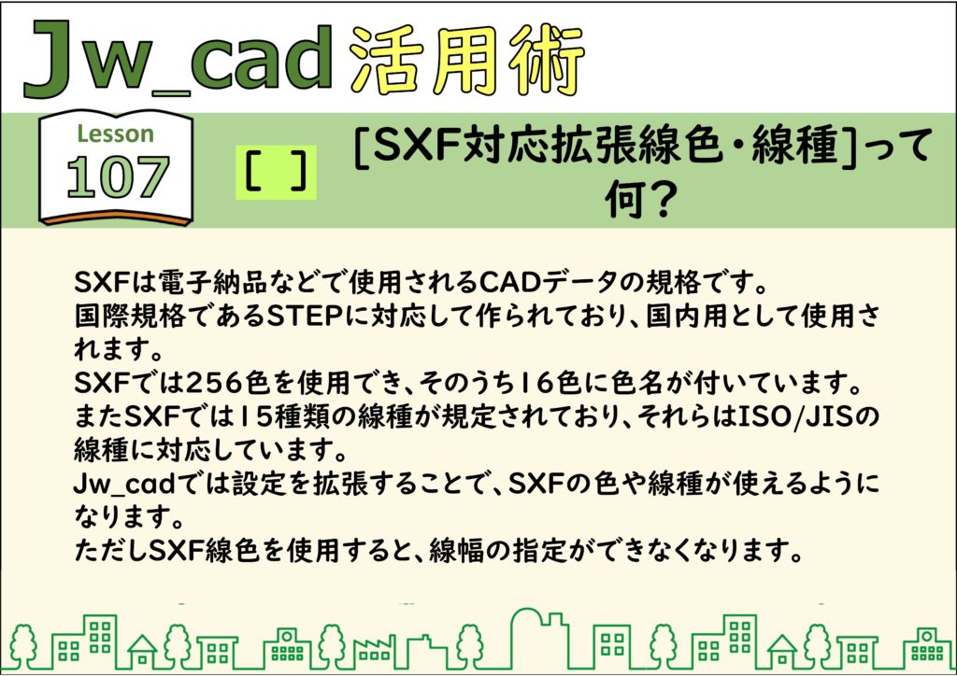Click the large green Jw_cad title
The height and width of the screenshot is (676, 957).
pos(178,60)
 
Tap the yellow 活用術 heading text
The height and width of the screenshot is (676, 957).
pos(467,61)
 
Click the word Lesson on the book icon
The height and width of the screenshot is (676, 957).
pos(115,134)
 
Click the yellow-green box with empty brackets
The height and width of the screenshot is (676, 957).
pos(276,173)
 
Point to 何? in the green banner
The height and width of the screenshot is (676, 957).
pos(639,199)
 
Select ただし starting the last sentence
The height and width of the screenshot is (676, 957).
pos(102,552)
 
